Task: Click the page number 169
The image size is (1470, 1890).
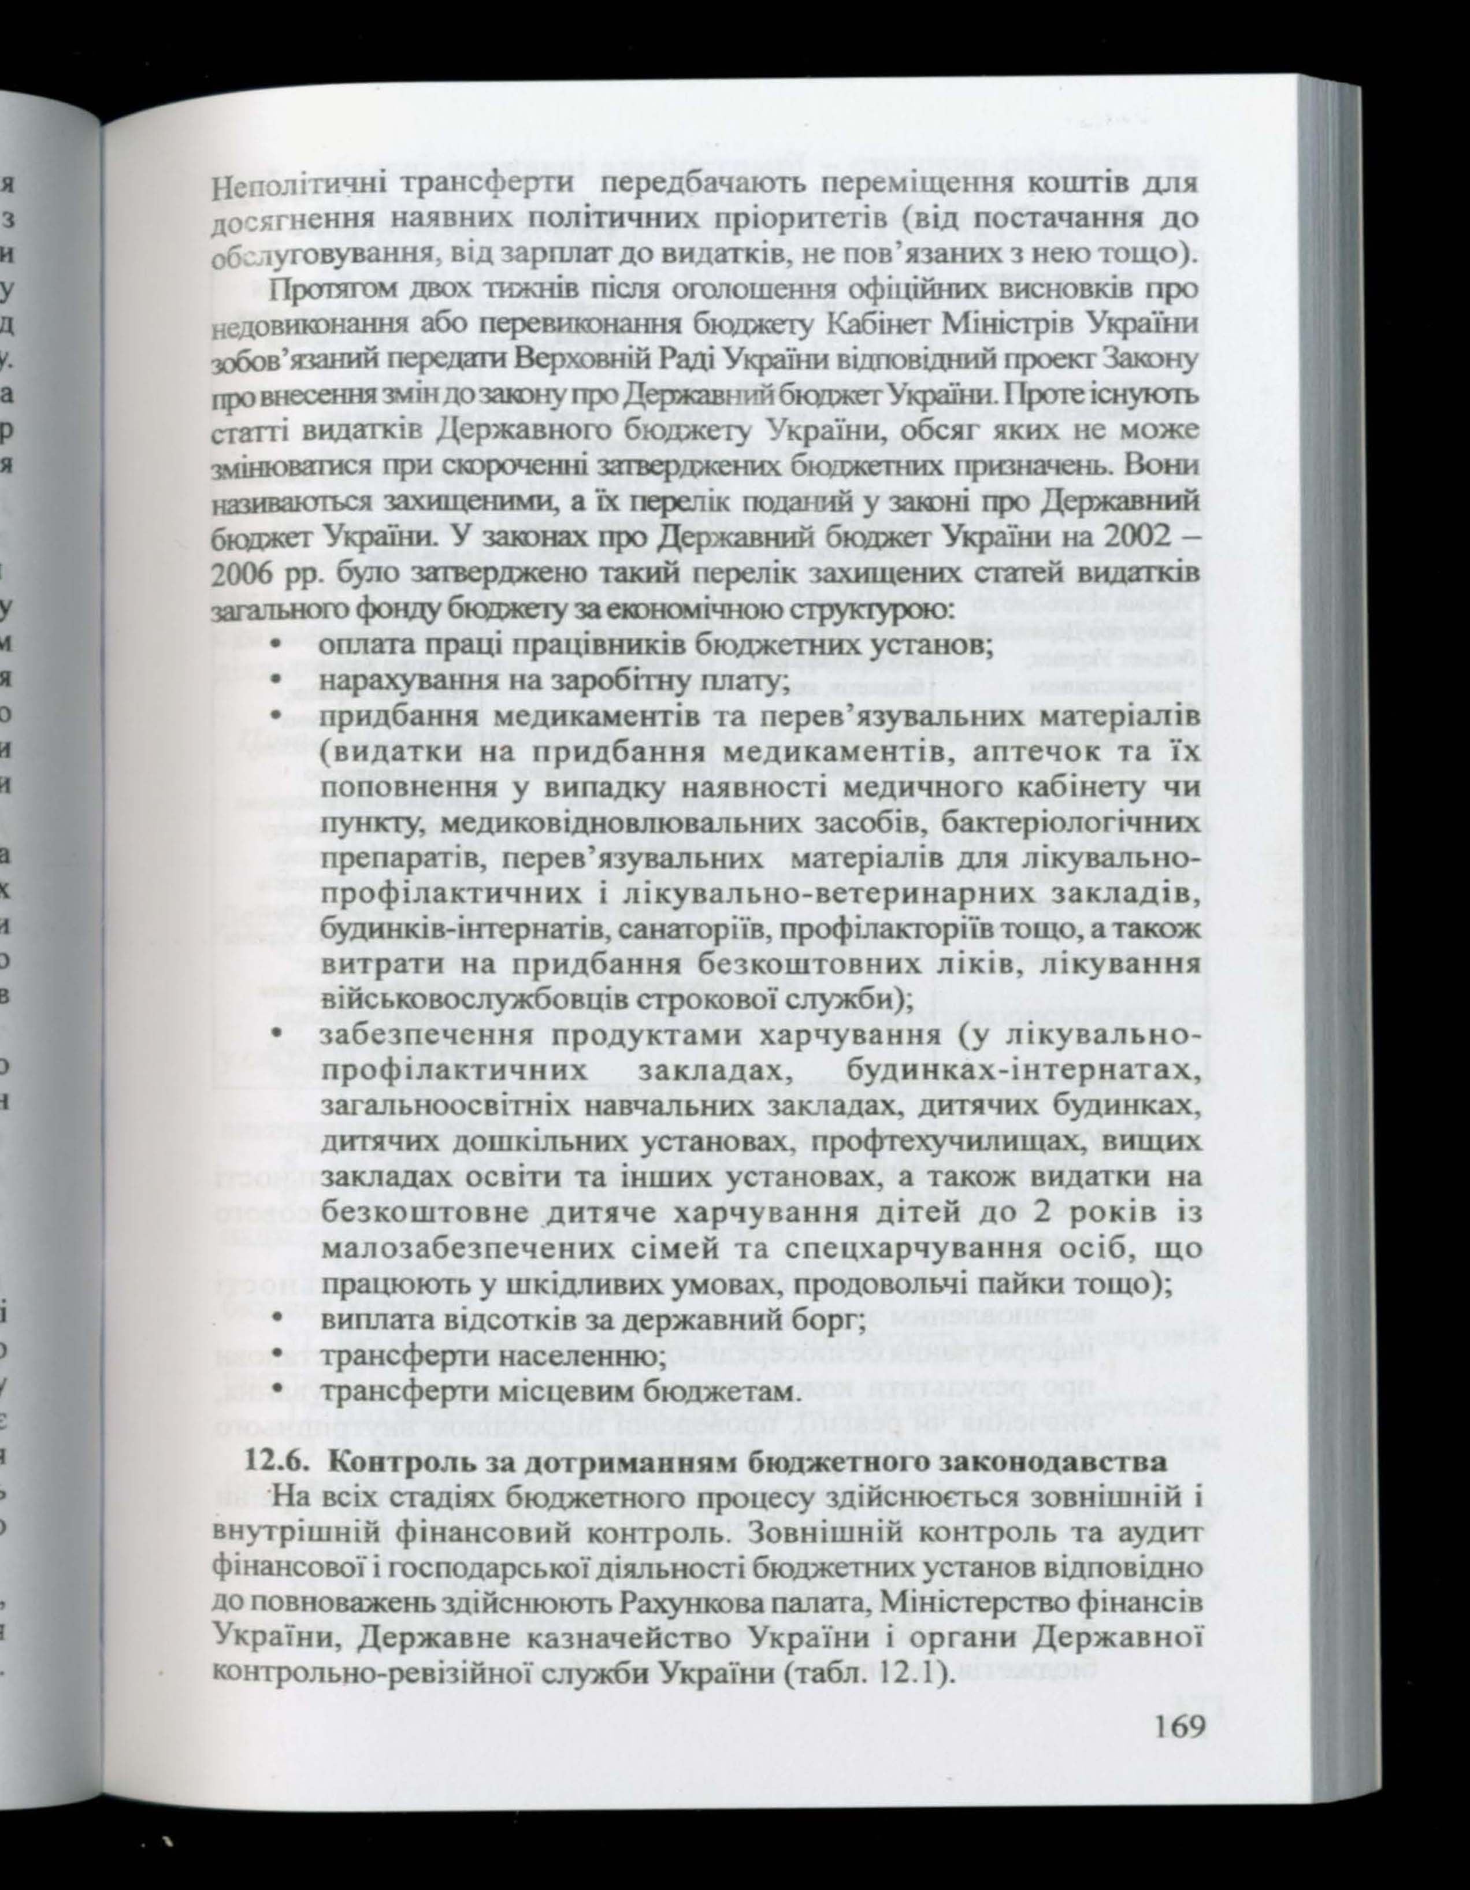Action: (1178, 1631)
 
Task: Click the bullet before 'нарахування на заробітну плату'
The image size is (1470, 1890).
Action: (274, 683)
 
